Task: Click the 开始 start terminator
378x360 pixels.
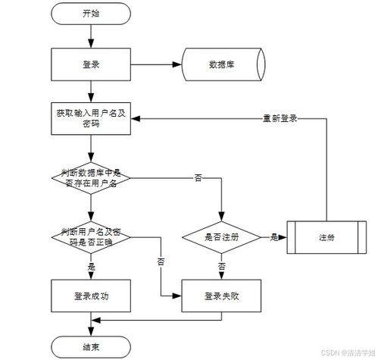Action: coord(91,14)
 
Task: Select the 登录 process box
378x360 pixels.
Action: coord(91,64)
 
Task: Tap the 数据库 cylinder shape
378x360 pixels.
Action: coord(223,64)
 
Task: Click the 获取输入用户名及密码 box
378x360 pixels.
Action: coord(91,118)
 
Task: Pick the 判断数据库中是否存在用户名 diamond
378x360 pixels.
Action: coord(91,178)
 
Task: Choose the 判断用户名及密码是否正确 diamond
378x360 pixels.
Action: coord(91,237)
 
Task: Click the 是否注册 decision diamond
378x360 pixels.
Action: coord(221,237)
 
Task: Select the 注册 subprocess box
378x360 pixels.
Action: coord(326,237)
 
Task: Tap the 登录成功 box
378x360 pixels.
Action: coord(91,296)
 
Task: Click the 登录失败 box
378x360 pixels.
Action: coord(221,296)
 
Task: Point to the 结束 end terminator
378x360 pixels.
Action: coord(91,347)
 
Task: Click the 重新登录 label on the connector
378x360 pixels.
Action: coord(280,118)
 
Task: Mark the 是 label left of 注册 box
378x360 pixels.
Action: coord(274,237)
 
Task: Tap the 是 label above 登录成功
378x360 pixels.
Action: coord(91,267)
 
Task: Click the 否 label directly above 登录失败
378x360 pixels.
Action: coord(222,266)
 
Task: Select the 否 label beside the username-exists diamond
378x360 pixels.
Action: coord(198,178)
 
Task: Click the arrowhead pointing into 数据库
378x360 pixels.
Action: coord(177,64)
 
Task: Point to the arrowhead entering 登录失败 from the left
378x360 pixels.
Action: coord(177,296)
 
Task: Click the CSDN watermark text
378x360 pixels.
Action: coord(348,352)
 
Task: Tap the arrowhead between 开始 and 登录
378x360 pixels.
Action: coord(91,43)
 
